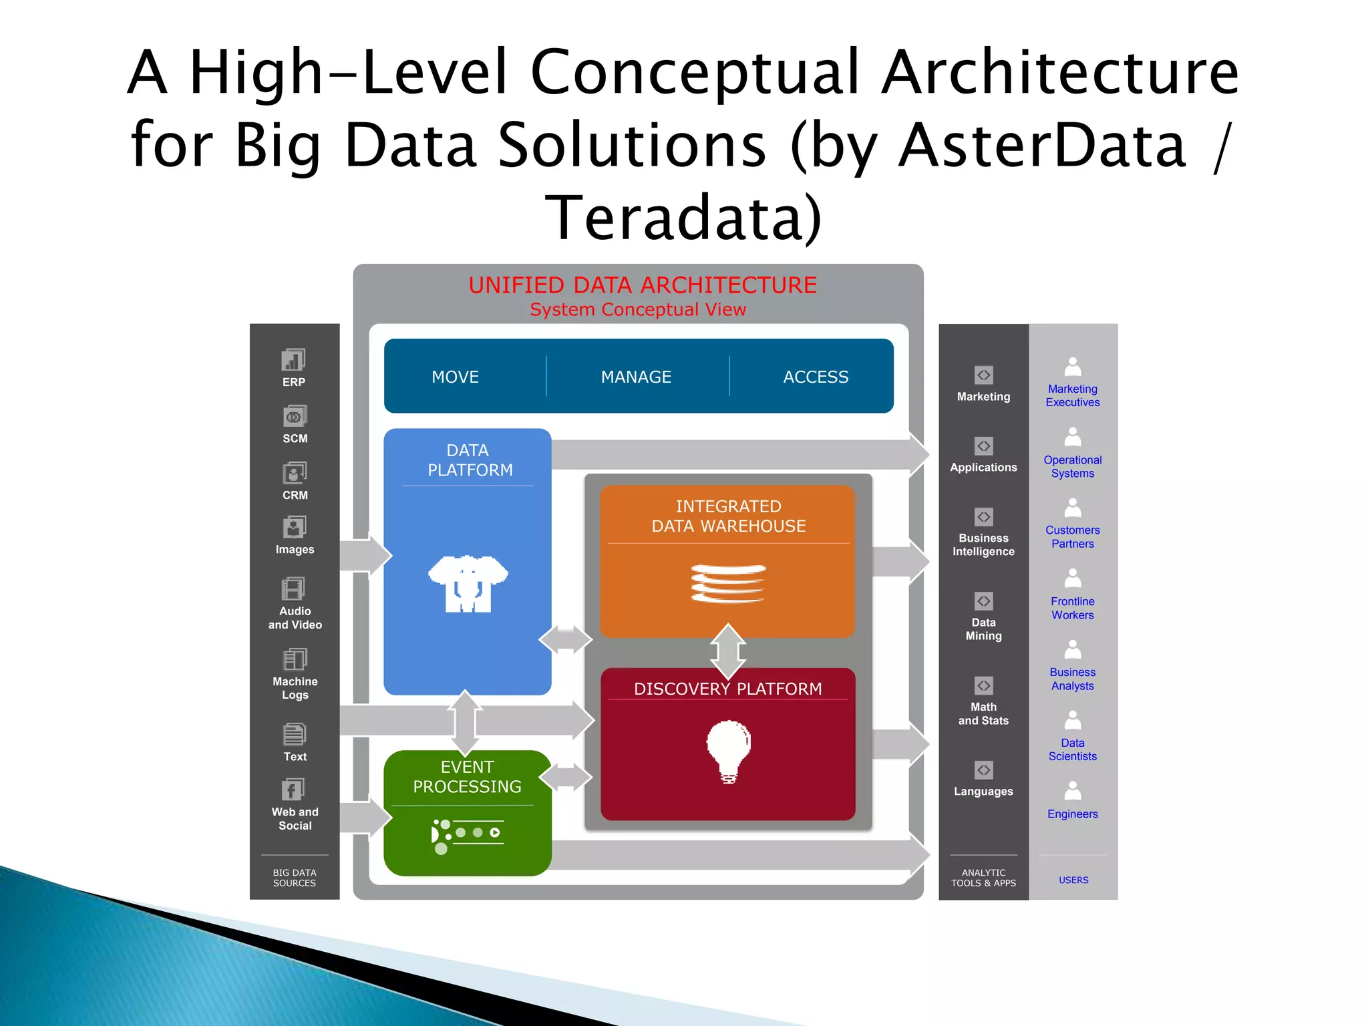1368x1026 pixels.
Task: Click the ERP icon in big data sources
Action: [293, 360]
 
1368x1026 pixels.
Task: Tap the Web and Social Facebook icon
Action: [293, 790]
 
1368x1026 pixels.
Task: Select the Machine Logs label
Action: [295, 688]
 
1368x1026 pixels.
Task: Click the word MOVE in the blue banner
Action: [455, 377]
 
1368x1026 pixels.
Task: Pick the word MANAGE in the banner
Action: [636, 377]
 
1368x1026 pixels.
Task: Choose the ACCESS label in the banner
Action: [816, 377]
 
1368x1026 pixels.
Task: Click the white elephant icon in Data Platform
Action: [468, 583]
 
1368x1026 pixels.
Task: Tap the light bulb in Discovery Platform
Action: [729, 750]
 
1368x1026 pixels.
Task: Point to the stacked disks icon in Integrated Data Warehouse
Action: [728, 583]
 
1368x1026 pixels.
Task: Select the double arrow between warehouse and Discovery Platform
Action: [728, 651]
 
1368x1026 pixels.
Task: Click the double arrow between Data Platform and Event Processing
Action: [466, 723]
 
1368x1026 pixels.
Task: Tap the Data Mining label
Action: [983, 629]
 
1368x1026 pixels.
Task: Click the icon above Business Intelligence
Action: [983, 517]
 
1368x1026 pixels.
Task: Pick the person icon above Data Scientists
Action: [1073, 720]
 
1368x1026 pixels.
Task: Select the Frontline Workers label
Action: [1073, 609]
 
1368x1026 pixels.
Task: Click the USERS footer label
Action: [1073, 880]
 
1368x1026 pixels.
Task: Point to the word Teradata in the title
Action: [682, 218]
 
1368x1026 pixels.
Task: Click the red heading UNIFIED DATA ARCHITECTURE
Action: [643, 285]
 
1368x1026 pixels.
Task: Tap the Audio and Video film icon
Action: [293, 589]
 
